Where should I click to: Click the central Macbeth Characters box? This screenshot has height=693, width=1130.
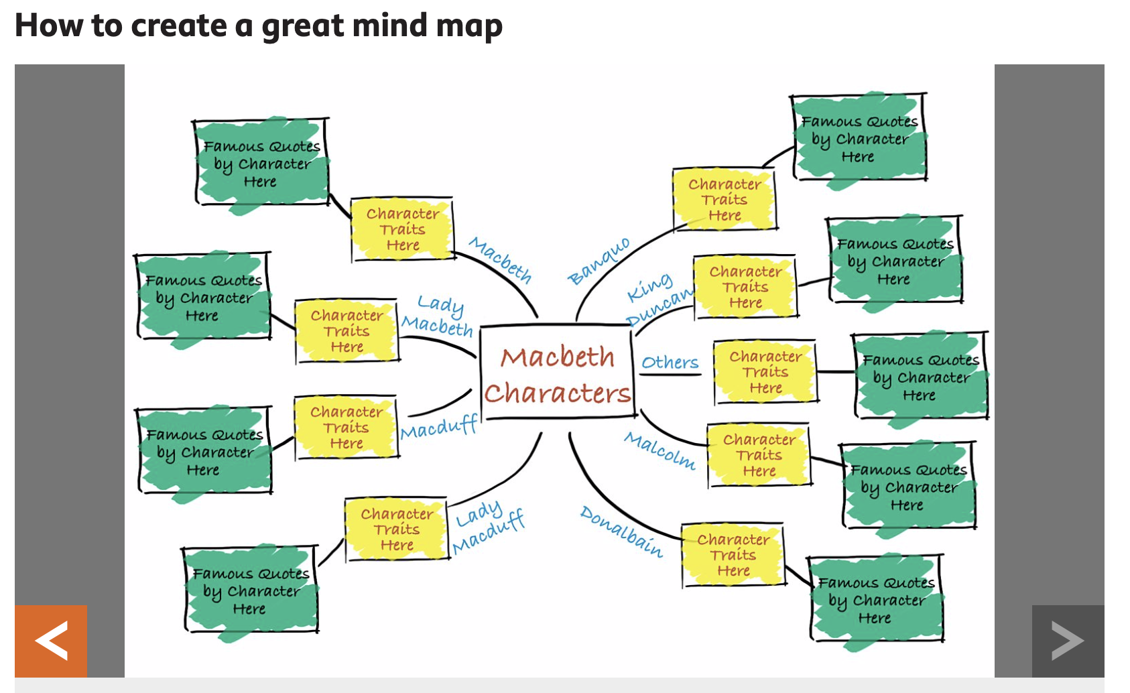557,373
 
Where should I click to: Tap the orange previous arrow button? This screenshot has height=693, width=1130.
51,641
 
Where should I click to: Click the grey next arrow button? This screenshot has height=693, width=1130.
1067,641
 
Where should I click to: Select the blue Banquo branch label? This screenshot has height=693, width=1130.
599,261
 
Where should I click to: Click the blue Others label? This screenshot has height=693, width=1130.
670,363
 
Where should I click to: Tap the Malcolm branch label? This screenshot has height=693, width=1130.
660,450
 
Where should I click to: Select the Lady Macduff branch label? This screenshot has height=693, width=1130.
488,527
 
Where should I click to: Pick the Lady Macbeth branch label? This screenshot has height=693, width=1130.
438,316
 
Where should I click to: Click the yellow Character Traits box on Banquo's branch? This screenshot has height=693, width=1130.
725,200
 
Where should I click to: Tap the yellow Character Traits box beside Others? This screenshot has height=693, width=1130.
765,372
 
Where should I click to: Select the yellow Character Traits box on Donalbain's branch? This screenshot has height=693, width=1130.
733,555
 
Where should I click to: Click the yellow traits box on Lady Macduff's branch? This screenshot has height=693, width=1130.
397,529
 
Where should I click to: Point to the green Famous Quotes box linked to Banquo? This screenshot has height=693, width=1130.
859,139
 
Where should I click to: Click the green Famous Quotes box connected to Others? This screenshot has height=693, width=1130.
920,377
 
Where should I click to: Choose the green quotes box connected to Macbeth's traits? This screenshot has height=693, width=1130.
261,164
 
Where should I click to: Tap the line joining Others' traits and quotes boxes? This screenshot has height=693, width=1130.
835,371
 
